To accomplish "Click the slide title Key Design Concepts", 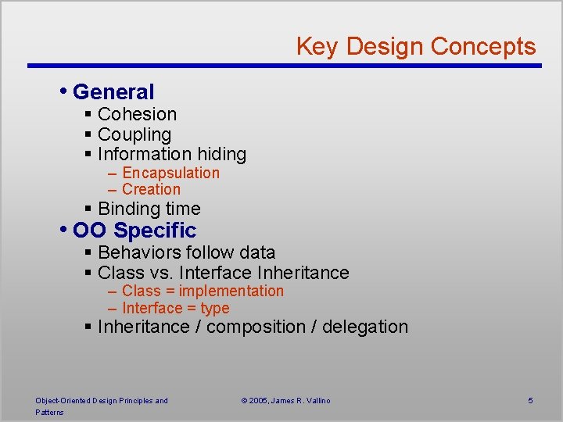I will tap(415, 46).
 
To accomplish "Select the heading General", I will tap(113, 92).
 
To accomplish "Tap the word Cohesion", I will tap(137, 114).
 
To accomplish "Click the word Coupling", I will tap(134, 134).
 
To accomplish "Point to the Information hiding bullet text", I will tap(171, 155).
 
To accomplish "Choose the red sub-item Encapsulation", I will tap(170, 173).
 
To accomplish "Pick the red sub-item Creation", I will tap(151, 189).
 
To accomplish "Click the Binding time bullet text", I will tap(149, 209).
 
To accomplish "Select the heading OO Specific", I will tap(134, 231).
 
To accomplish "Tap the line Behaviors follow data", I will tap(186, 252).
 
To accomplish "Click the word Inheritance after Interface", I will tap(303, 273).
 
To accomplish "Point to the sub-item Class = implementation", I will tap(203, 291).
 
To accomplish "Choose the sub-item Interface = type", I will tap(175, 308).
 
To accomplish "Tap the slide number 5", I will tap(530, 401).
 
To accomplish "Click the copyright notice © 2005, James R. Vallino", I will tap(285, 401).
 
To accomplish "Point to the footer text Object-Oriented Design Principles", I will tap(101, 401).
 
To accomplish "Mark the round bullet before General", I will tap(63, 91).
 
